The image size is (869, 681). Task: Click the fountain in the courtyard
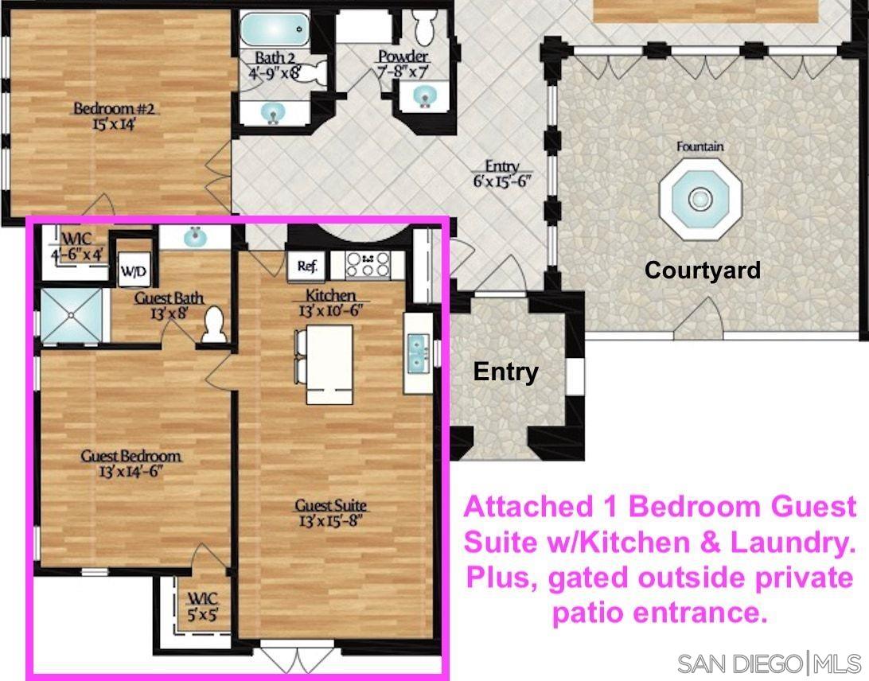(x=700, y=198)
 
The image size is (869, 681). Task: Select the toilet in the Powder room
(x=426, y=25)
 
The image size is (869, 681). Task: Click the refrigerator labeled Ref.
(x=307, y=267)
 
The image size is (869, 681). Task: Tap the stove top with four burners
(x=368, y=264)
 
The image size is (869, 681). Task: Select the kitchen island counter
(x=329, y=364)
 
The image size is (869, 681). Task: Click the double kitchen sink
(x=419, y=353)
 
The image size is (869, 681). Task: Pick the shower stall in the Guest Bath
(x=72, y=315)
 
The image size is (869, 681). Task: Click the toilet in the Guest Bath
(x=212, y=325)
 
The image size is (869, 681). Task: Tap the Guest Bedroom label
(x=131, y=456)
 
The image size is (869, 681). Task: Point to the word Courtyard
(x=702, y=270)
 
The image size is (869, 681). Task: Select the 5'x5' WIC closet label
(x=203, y=614)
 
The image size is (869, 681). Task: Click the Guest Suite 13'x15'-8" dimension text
(x=331, y=521)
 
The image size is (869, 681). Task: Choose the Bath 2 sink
(x=273, y=113)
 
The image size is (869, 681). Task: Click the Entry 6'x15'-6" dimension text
(x=502, y=181)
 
